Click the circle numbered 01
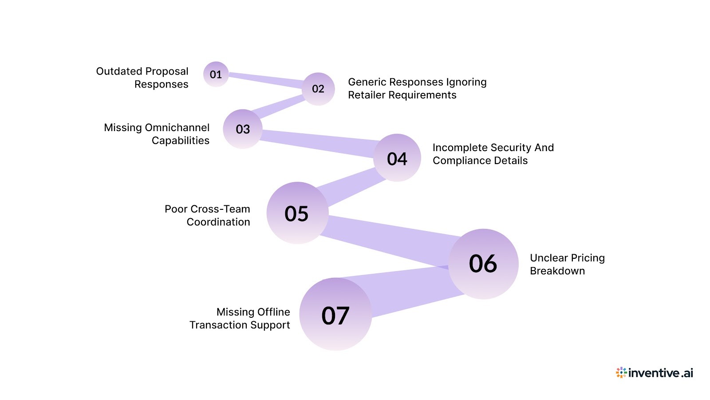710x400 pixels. (216, 74)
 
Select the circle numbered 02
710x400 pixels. (318, 89)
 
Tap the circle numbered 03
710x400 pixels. (243, 129)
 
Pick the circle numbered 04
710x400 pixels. (397, 158)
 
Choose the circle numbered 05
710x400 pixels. (297, 213)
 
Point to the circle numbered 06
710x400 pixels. (483, 264)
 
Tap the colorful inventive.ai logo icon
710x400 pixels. (621, 372)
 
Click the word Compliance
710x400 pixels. (464, 160)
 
